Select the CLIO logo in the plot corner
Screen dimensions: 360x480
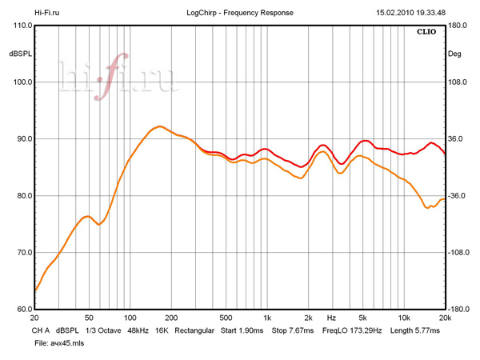429,33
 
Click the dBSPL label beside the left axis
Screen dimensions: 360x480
19,54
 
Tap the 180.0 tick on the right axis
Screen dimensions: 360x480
458,26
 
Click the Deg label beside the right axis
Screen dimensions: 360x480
454,54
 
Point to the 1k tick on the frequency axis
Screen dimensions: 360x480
267,318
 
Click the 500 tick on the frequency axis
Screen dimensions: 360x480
226,318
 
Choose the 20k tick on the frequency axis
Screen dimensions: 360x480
444,318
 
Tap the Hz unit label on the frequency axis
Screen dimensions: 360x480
330,318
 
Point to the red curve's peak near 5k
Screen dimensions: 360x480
365,141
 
